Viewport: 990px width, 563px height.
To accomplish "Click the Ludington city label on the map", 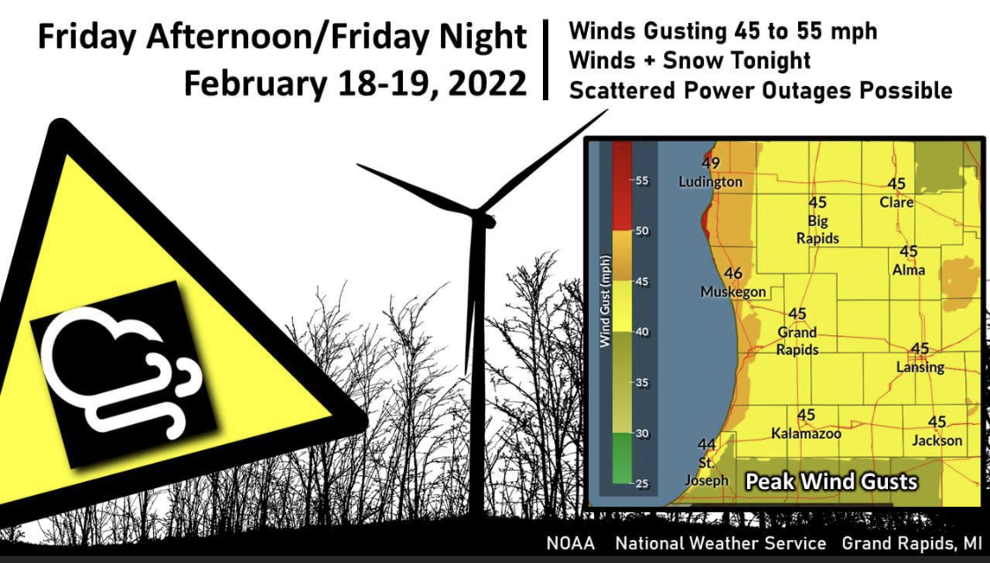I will coord(710,182).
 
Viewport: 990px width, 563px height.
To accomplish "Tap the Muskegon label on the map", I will coord(733,291).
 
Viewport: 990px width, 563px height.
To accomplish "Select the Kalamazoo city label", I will coord(806,433).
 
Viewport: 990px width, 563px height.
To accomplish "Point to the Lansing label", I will coord(920,367).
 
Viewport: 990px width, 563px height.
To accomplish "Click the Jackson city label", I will coord(937,440).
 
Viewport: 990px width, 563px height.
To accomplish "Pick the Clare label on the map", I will coord(897,201).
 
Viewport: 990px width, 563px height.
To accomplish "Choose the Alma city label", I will coord(909,269).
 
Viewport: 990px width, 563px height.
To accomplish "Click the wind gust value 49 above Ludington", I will coord(711,163).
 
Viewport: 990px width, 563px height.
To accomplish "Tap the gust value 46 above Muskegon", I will coord(733,274).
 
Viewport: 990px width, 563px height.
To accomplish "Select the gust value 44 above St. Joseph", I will coord(706,443).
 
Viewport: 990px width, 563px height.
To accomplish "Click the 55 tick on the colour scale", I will coord(642,180).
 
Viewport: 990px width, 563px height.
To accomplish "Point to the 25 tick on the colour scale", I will coord(642,483).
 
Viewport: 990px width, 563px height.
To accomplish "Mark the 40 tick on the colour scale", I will coord(642,332).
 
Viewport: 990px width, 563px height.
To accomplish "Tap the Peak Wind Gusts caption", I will coord(832,481).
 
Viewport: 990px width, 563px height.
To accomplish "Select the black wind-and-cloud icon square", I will coord(123,374).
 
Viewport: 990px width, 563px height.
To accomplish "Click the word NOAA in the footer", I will coord(570,543).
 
